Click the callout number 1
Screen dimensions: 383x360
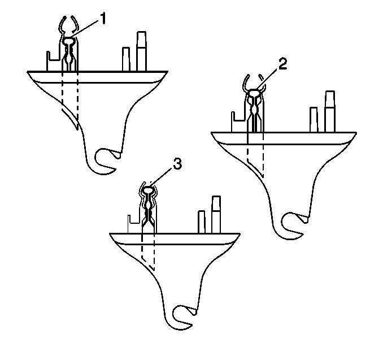pos(103,19)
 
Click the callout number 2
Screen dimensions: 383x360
pos(282,64)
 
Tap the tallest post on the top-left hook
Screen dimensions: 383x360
pos(141,51)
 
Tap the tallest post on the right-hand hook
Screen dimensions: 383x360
pos(330,111)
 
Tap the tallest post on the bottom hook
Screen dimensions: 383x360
pos(216,215)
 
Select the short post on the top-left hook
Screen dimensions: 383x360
pos(126,59)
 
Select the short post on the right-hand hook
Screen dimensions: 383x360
pos(314,120)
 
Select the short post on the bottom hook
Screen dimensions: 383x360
pos(202,222)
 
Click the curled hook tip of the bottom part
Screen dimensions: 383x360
pos(181,318)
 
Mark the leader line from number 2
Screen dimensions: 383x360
pos(267,79)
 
